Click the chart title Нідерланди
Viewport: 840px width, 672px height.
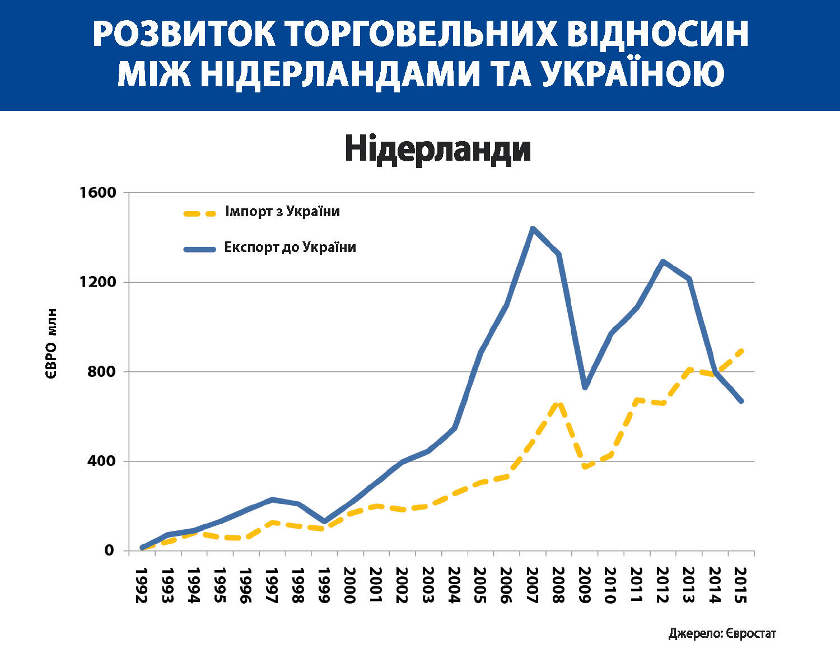click(437, 150)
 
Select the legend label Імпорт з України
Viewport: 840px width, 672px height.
click(282, 212)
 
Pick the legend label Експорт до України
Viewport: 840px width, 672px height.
click(290, 248)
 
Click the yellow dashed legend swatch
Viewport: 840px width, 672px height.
click(199, 213)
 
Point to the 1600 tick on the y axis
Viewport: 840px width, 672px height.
click(97, 193)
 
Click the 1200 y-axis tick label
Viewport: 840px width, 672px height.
click(97, 282)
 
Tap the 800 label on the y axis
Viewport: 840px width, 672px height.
click(101, 372)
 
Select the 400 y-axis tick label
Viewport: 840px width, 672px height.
click(101, 461)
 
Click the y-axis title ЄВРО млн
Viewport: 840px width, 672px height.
click(52, 344)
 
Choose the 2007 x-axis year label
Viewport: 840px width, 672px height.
click(532, 585)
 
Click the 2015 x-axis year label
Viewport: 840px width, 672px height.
click(740, 585)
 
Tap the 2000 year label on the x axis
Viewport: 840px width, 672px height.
click(349, 585)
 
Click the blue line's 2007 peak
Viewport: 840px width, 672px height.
click(533, 228)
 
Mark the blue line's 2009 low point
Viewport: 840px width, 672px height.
click(585, 387)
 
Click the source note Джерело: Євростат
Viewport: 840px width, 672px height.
click(722, 633)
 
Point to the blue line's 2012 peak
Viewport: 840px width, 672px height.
click(663, 262)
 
